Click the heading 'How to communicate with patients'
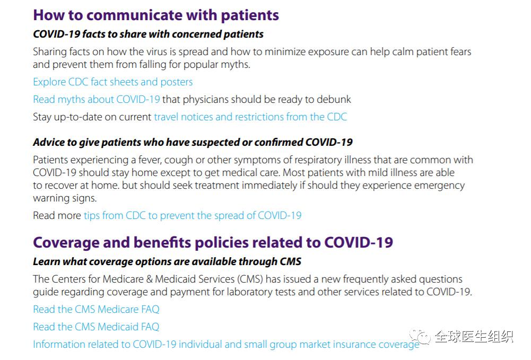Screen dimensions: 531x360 pyautogui.click(x=156, y=15)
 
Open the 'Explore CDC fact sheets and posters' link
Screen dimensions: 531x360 pyautogui.click(x=113, y=82)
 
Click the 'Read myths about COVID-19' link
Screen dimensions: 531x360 pyautogui.click(x=97, y=100)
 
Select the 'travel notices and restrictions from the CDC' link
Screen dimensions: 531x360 pyautogui.click(x=250, y=117)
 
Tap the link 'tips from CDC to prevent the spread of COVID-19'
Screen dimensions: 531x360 pyautogui.click(x=193, y=216)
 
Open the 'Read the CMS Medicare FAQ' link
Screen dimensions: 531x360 pyautogui.click(x=96, y=309)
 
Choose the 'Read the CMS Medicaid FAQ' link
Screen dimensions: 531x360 pyautogui.click(x=96, y=327)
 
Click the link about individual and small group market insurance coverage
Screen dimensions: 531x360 pyautogui.click(x=226, y=345)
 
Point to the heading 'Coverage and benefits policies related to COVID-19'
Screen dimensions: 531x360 pyautogui.click(x=213, y=243)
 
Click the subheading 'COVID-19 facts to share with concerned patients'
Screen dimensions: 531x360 pyautogui.click(x=149, y=34)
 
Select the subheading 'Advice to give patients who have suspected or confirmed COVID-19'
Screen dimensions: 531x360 pyautogui.click(x=193, y=143)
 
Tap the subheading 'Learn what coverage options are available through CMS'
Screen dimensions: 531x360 pyautogui.click(x=167, y=261)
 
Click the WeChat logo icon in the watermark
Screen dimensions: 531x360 pyautogui.click(x=420, y=336)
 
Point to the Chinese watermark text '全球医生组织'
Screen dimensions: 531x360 pyautogui.click(x=474, y=337)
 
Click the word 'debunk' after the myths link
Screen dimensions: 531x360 pyautogui.click(x=334, y=100)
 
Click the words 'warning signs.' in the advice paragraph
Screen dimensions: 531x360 pyautogui.click(x=65, y=198)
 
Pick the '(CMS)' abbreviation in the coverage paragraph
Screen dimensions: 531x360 pyautogui.click(x=250, y=279)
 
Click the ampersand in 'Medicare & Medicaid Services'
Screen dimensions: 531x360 pyautogui.click(x=150, y=279)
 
